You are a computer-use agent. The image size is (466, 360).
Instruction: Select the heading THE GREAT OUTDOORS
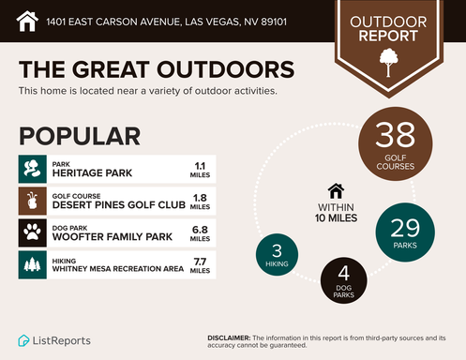point(157,70)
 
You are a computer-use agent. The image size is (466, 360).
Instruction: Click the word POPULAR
point(80,136)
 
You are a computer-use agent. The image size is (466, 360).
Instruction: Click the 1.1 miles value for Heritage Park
point(200,169)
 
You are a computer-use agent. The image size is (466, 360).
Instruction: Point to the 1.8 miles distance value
point(200,201)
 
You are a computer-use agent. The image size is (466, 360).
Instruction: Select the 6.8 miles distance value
point(200,232)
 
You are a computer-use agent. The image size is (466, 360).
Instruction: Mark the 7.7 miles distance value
point(200,264)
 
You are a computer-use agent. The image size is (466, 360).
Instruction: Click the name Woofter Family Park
point(113,237)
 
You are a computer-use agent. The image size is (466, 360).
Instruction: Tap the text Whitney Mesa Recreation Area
point(118,269)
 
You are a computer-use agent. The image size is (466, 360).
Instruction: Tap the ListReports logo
point(56,339)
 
